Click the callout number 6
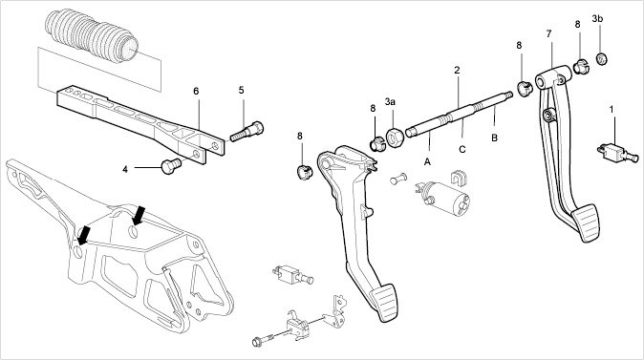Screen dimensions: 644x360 pos(196,91)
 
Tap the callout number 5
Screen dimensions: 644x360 pos(241,90)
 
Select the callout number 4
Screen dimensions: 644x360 pos(125,169)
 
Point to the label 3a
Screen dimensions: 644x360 pos(390,101)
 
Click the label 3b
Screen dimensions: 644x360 pos(597,18)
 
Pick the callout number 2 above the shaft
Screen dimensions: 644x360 pos(457,71)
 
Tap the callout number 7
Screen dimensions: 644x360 pos(549,34)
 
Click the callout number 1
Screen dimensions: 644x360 pos(612,110)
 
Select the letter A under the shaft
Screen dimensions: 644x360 pos(427,162)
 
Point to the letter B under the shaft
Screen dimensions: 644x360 pos(495,138)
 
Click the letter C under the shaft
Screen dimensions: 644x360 pos(462,149)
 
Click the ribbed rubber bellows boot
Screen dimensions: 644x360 pos(92,36)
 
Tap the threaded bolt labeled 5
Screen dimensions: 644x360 pos(247,132)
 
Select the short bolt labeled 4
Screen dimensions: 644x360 pos(171,165)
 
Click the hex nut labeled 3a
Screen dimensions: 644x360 pos(396,138)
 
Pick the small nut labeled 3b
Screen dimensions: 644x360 pos(602,58)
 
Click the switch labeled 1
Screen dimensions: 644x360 pos(617,152)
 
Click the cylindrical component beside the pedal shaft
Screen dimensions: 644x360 pos(445,198)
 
